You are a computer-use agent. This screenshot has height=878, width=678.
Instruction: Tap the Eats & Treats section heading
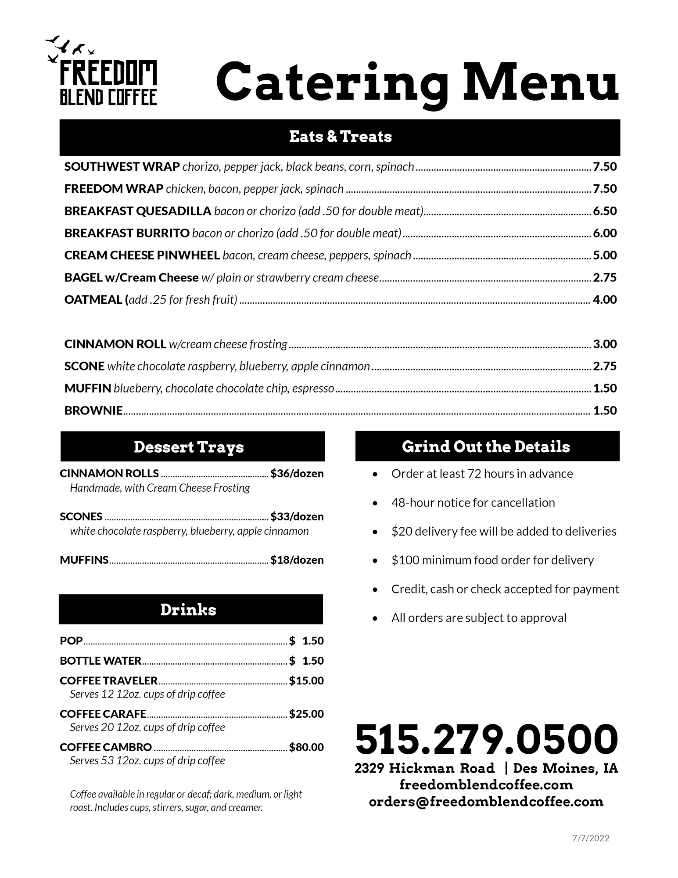[340, 137]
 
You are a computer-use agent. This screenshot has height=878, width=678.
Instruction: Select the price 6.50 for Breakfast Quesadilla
[605, 211]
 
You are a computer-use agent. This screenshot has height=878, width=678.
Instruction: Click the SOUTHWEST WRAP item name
[122, 167]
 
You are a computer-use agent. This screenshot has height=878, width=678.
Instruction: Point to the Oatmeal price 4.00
[605, 300]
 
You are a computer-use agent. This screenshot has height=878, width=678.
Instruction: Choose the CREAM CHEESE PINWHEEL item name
[142, 255]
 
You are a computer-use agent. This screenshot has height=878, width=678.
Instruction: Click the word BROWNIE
[93, 411]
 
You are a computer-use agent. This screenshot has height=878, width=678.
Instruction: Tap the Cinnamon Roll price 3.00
[605, 344]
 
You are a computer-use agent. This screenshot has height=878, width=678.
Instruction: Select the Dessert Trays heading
[189, 447]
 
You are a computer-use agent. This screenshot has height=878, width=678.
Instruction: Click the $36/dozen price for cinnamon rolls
[297, 474]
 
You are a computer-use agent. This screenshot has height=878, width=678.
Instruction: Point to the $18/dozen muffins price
[297, 560]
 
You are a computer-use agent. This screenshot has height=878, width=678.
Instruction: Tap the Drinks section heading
[188, 610]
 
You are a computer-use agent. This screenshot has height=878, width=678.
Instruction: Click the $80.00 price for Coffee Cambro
[306, 747]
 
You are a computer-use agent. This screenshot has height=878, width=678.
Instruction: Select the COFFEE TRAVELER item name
[108, 681]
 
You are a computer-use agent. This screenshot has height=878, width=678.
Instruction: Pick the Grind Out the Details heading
[486, 447]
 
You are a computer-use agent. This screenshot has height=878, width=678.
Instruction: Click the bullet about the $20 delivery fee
[503, 532]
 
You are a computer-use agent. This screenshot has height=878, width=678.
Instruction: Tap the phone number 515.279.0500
[486, 739]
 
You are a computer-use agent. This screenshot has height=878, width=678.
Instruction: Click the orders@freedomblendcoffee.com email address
[486, 802]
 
